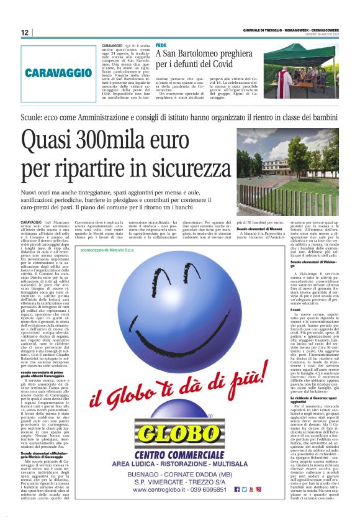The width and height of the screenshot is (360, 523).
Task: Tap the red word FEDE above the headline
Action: (161, 45)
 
